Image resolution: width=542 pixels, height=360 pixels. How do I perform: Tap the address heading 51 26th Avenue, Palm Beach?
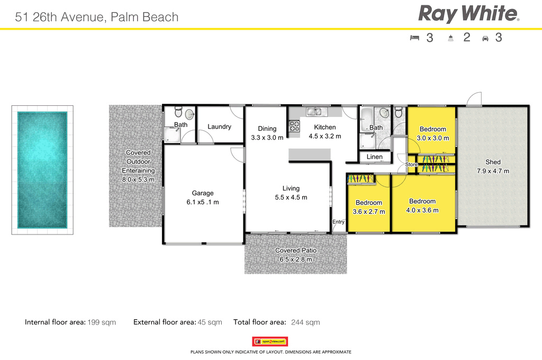coord(97,17)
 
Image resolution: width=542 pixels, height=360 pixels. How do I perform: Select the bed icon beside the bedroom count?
coord(414,38)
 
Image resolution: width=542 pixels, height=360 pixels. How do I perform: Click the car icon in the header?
coord(485,38)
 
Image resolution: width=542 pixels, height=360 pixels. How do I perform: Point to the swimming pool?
coord(42,169)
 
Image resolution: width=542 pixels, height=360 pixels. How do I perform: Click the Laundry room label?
coord(219,127)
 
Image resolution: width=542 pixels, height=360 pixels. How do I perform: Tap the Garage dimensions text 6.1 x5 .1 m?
coord(202,202)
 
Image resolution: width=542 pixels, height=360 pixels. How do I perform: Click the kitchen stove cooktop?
coord(294,127)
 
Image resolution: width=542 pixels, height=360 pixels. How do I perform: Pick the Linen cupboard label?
coord(374,157)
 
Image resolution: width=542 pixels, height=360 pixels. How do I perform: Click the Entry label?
coord(338,222)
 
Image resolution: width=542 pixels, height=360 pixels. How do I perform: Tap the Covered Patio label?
coord(296,250)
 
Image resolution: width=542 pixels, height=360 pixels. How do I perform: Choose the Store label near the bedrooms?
coord(411,165)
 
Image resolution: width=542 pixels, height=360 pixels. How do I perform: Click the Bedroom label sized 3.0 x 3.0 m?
coord(432,129)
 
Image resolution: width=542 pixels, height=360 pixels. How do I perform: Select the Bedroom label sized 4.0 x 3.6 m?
coord(422,201)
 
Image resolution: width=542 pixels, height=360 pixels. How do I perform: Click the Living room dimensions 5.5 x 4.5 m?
coord(291,197)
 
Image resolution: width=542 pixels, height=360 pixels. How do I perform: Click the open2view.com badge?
coord(270,341)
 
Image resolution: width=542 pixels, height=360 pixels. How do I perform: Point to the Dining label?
coord(267,129)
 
